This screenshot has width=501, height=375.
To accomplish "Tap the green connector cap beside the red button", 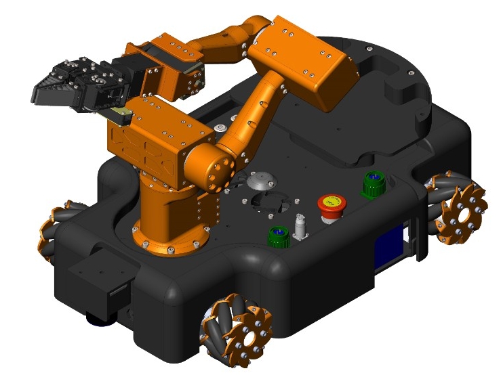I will pos(374,183).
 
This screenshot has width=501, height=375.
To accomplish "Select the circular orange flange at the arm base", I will pos(169,240).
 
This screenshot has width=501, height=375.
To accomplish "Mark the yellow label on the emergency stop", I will pos(331,201).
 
